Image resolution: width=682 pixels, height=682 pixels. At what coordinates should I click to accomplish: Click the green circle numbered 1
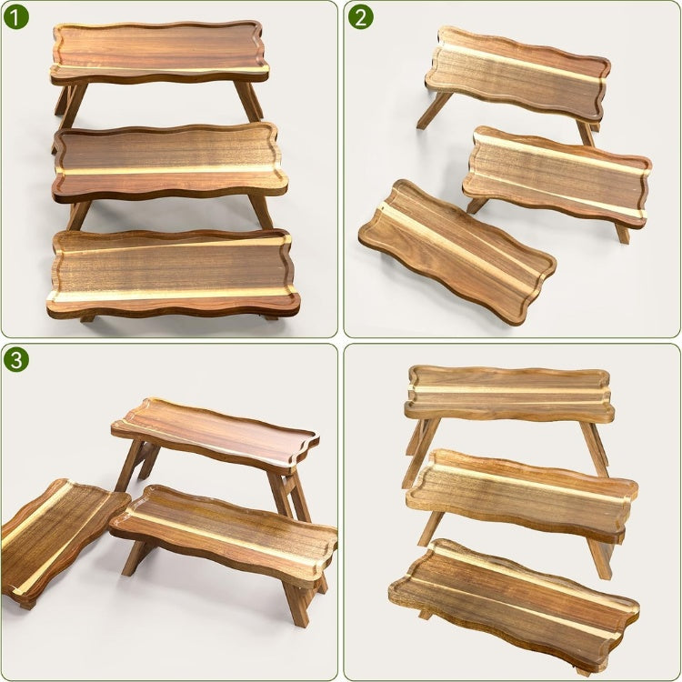[16, 17]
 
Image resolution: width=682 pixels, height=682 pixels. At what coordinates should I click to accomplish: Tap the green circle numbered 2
[361, 17]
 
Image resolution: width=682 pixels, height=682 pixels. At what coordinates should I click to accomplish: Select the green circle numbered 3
[16, 360]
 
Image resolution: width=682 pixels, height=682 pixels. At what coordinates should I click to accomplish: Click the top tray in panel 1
[159, 52]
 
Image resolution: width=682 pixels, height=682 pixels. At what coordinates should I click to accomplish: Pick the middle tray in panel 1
[170, 162]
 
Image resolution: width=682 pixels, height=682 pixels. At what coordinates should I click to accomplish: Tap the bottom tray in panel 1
[173, 273]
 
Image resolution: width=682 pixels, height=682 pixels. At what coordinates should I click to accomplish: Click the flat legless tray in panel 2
[456, 251]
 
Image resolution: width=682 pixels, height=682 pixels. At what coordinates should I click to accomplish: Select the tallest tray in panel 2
[517, 73]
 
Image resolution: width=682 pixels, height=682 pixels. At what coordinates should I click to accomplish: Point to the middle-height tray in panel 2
[557, 176]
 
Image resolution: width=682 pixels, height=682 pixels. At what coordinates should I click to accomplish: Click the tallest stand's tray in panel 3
[216, 435]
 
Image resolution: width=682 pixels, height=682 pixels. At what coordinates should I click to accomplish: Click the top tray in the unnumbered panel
[509, 394]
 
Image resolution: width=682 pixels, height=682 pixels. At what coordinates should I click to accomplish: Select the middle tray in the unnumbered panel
[522, 495]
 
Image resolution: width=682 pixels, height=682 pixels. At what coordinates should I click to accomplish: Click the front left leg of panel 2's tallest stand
[434, 110]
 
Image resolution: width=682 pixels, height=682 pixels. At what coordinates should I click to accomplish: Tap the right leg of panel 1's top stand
[248, 101]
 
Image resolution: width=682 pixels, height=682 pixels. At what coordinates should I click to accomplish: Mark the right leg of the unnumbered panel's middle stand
[602, 559]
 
